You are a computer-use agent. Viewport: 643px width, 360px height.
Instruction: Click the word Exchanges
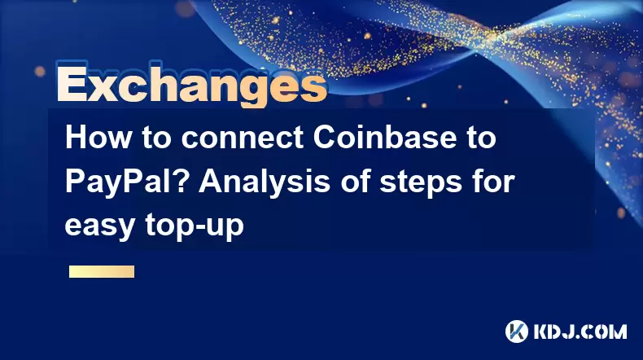pyautogui.click(x=191, y=85)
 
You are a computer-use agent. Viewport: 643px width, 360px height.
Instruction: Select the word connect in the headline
pyautogui.click(x=243, y=138)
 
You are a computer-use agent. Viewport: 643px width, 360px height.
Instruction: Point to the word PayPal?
pyautogui.click(x=128, y=182)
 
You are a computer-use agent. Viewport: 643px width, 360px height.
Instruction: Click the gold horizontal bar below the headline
pyautogui.click(x=102, y=271)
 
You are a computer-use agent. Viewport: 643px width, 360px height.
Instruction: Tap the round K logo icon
pyautogui.click(x=517, y=331)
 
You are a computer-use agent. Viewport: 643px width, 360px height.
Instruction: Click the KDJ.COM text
pyautogui.click(x=580, y=331)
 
